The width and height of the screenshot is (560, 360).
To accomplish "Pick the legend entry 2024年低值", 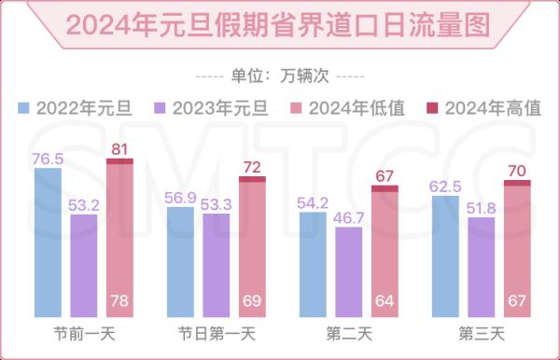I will coord(349,108).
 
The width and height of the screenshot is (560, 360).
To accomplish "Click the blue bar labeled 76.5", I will coord(48,242).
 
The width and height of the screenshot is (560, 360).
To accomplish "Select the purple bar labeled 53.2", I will coord(84,266).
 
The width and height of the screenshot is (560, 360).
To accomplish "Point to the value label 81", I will coord(119,147).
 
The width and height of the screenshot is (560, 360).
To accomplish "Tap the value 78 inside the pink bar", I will coord(119,301).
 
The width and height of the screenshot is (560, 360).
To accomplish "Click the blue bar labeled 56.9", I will coord(181,262).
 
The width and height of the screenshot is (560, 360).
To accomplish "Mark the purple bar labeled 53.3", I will coord(217,266).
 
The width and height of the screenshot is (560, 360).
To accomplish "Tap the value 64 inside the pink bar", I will coord(385,301).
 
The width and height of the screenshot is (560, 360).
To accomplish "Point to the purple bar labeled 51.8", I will coord(482,267).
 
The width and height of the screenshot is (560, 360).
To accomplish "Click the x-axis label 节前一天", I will coord(84,334).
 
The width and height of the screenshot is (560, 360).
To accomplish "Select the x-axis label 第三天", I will coord(482,334).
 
